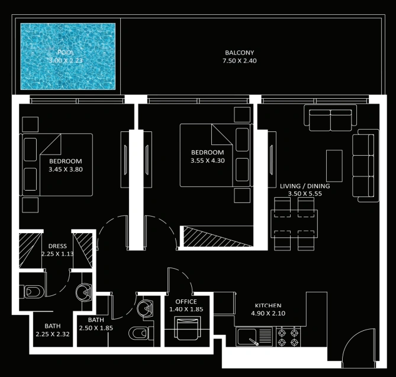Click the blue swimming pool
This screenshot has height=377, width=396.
tap(67, 56)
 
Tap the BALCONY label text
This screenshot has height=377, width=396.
tap(239, 53)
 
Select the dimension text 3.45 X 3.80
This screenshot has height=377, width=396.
tap(66, 169)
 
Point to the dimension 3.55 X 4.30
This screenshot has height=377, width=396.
tap(208, 160)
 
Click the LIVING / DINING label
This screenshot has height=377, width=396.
tap(305, 186)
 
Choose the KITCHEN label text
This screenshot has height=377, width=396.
tap(268, 305)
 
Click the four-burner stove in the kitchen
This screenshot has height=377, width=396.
tap(288, 337)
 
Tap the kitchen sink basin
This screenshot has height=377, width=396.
tap(246, 337)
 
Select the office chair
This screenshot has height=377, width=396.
tap(188, 329)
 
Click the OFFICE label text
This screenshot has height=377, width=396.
tap(186, 301)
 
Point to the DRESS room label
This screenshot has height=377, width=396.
tap(57, 246)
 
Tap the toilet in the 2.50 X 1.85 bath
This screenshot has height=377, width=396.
tap(140, 333)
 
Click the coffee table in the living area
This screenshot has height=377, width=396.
tap(334, 166)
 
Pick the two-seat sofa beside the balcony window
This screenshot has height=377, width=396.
tap(330, 118)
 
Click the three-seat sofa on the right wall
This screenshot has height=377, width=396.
tap(365, 166)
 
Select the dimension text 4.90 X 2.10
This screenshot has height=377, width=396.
tap(268, 313)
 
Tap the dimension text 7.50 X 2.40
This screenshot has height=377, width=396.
tap(239, 61)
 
